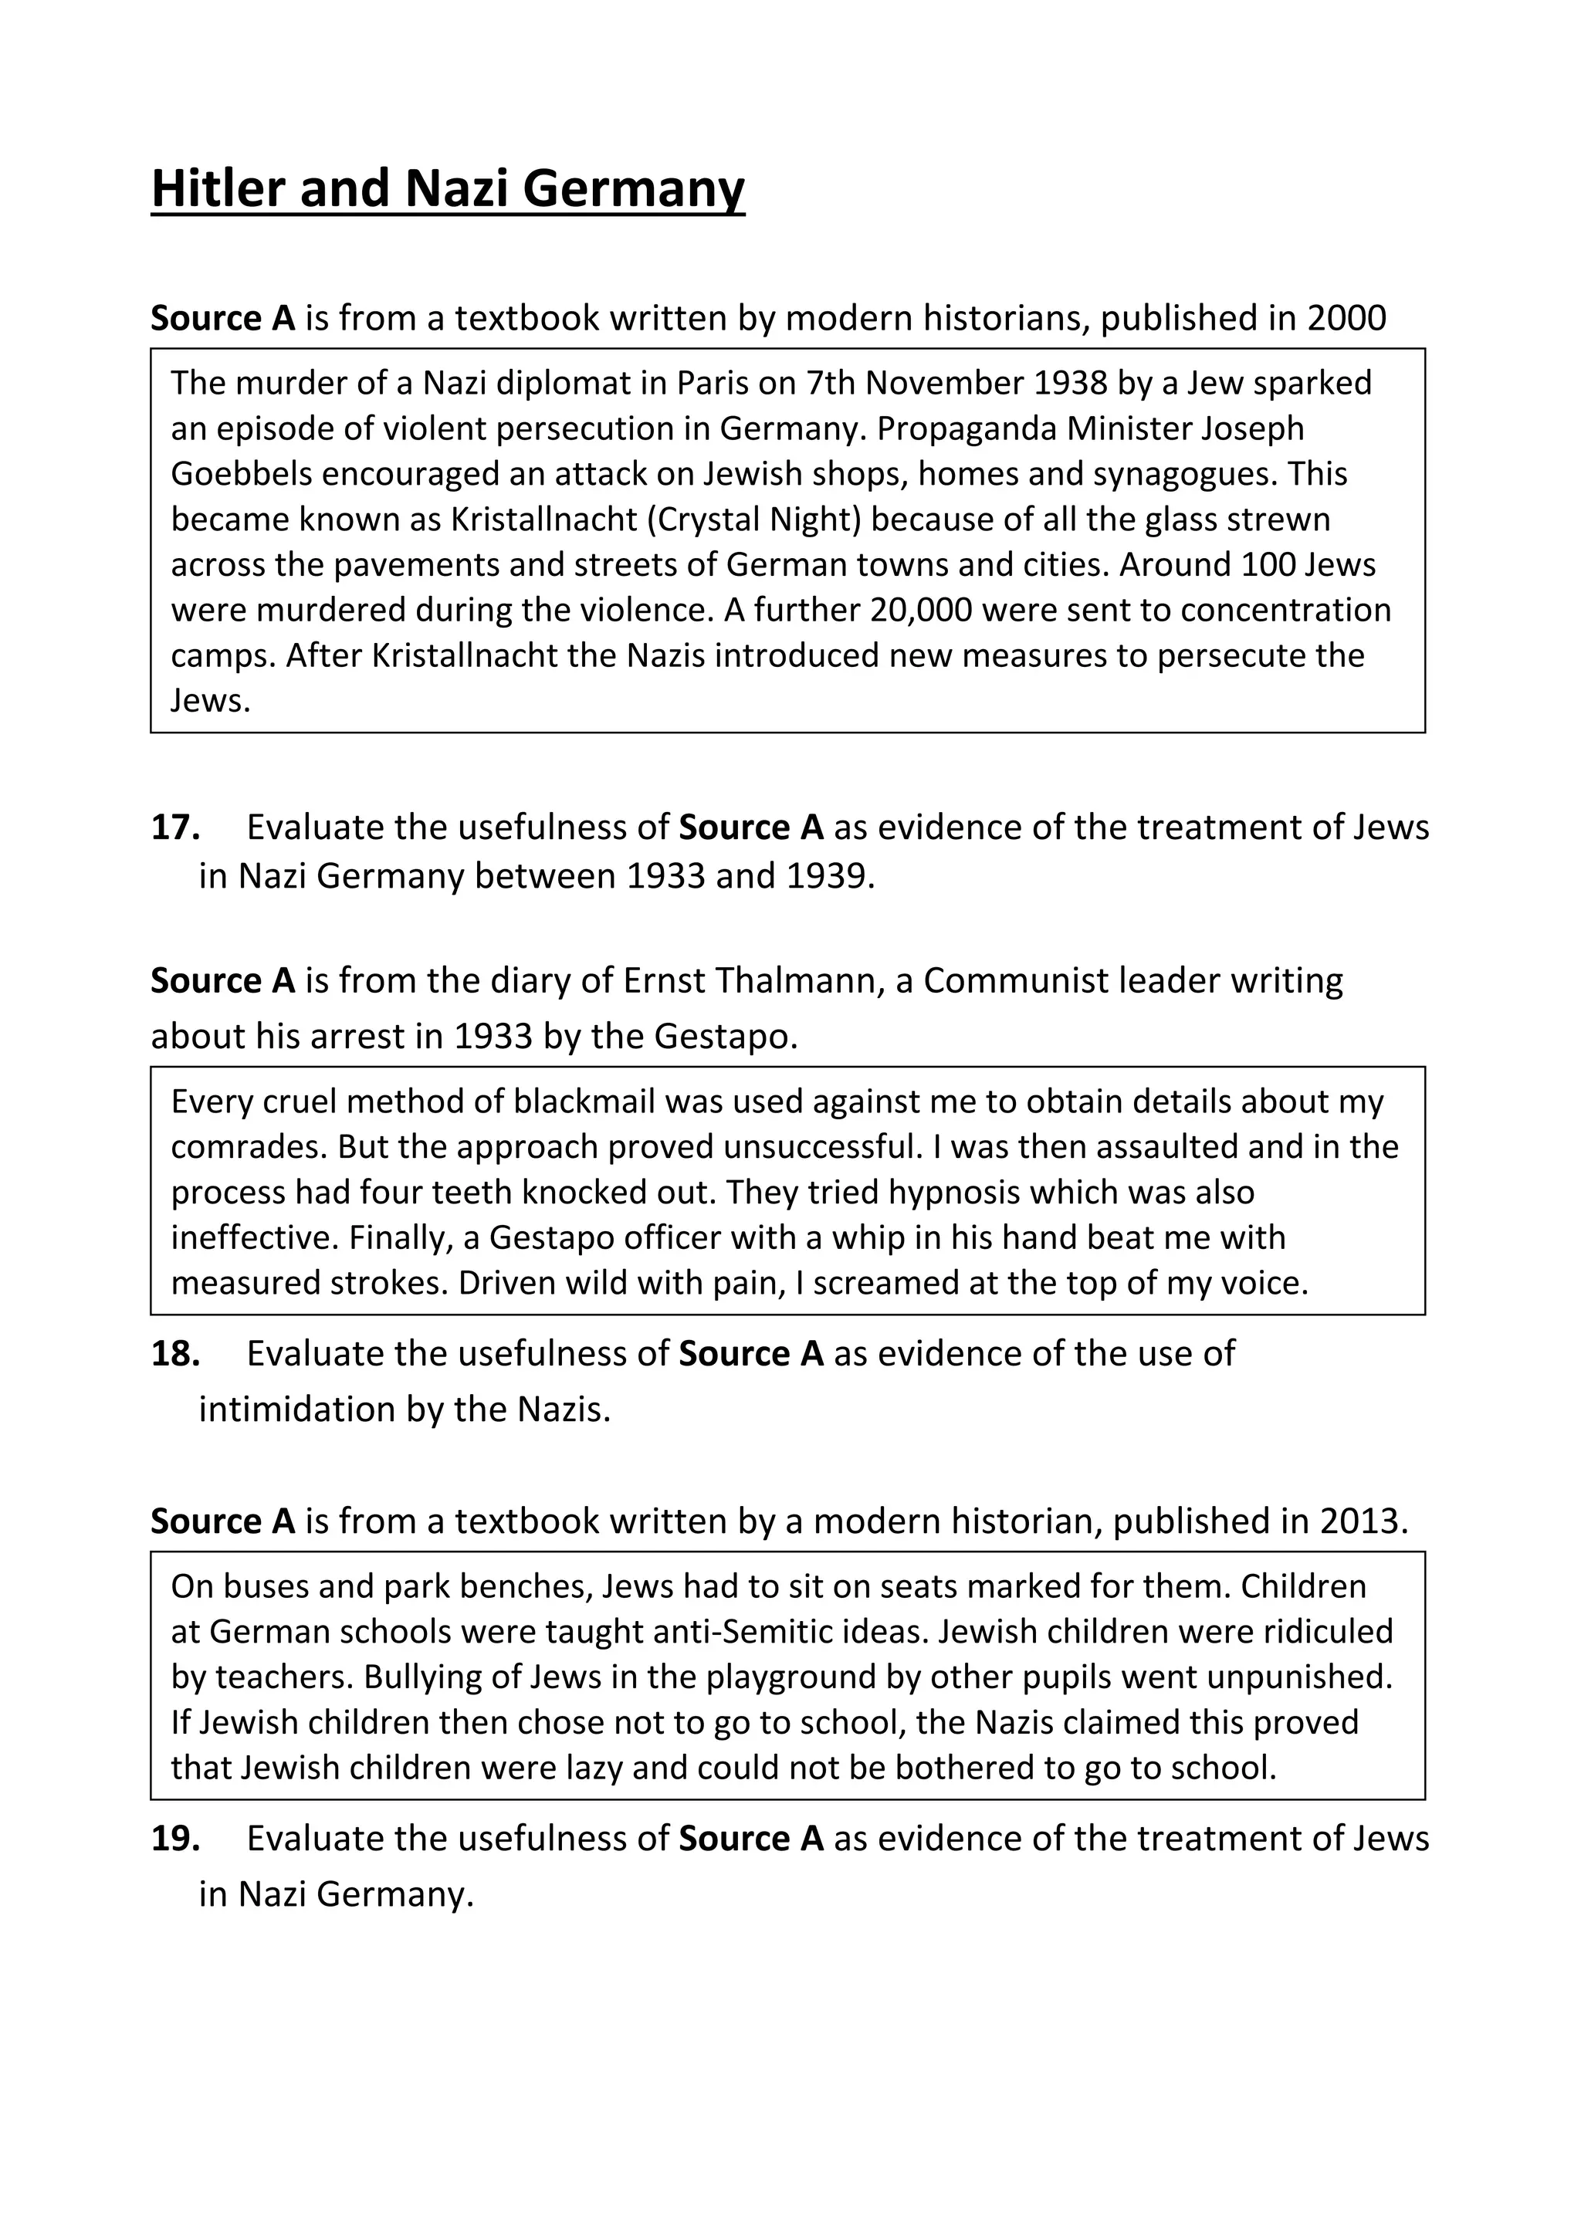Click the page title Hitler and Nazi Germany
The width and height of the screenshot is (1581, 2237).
(447, 189)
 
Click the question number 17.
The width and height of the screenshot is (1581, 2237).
(175, 827)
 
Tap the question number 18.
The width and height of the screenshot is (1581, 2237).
(175, 1353)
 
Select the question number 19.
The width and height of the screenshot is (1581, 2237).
(175, 1839)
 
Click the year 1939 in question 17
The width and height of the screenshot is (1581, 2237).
(825, 877)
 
